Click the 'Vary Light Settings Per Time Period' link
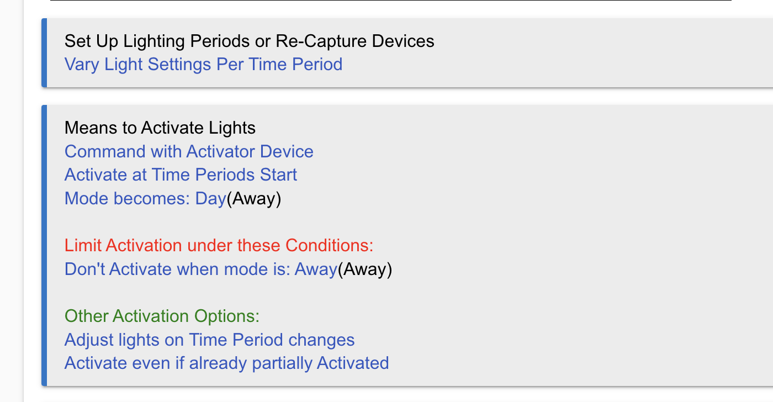tap(203, 65)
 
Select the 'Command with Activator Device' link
tap(189, 151)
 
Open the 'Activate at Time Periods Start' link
tap(181, 174)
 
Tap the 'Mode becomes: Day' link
tap(145, 199)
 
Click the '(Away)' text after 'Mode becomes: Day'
tap(253, 199)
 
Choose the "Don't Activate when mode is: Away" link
tap(201, 269)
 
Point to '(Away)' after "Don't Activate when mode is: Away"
tap(365, 269)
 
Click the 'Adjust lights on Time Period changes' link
tap(209, 340)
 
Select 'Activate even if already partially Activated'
tap(227, 363)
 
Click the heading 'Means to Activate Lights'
tap(160, 128)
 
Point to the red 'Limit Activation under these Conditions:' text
tap(219, 245)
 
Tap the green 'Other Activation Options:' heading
tap(162, 316)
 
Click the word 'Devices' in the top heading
tap(403, 41)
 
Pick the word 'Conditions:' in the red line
tap(329, 245)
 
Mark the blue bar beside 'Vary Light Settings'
tap(44, 53)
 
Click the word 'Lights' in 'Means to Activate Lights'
tap(232, 128)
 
